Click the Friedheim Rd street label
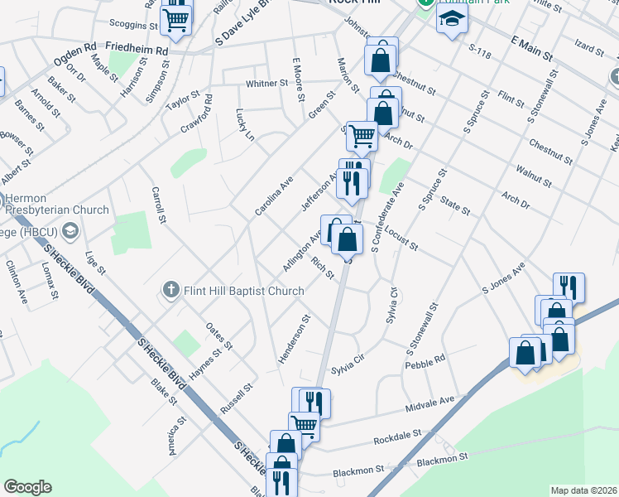[x=137, y=51]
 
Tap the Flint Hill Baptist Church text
[x=243, y=291]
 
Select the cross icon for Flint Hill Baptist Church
[x=170, y=290]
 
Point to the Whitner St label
[x=266, y=84]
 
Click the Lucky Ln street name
[x=244, y=124]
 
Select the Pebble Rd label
[x=425, y=362]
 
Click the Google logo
[x=27, y=487]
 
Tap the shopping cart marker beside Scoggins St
[x=175, y=19]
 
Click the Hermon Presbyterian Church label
[x=58, y=204]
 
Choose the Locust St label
[x=402, y=241]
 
